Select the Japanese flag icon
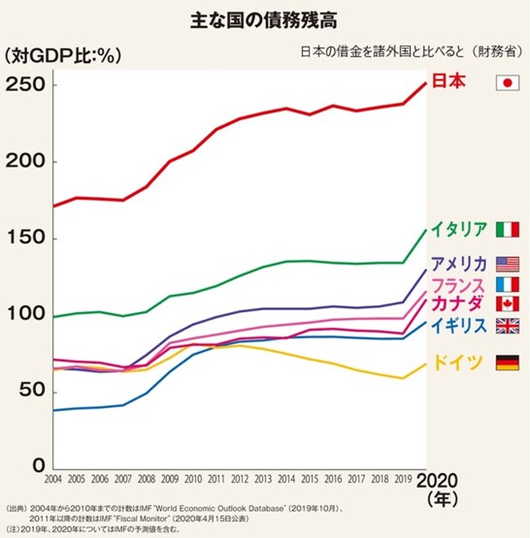pyautogui.click(x=507, y=82)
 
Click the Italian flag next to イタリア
pyautogui.click(x=507, y=230)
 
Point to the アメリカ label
pyautogui.click(x=458, y=264)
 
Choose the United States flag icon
pyautogui.click(x=507, y=264)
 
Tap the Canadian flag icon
pyautogui.click(x=507, y=304)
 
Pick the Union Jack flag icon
pyautogui.click(x=507, y=325)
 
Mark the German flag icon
pyautogui.click(x=507, y=362)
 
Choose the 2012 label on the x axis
pyautogui.click(x=240, y=478)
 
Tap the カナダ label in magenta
pyautogui.click(x=458, y=304)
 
